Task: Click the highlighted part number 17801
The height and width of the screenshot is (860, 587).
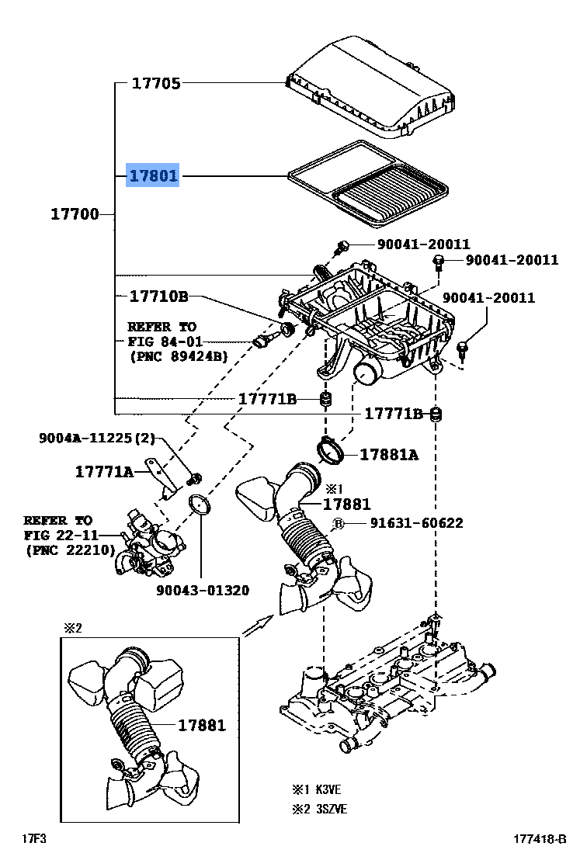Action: [x=153, y=175]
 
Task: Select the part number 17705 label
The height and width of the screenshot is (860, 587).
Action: [x=156, y=83]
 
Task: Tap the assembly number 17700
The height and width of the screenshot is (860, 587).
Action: [x=75, y=214]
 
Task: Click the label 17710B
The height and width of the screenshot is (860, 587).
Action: [x=158, y=296]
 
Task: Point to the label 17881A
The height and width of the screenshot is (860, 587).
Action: [x=389, y=455]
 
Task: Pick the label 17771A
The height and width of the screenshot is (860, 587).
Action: [x=104, y=472]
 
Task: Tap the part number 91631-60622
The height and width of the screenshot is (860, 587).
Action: [x=416, y=523]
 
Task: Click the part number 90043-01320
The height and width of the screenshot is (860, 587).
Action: [x=203, y=591]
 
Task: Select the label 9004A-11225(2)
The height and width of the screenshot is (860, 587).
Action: [x=96, y=439]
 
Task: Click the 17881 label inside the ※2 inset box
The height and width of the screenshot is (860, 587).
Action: [x=201, y=726]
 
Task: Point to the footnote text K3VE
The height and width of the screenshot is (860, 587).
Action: [x=328, y=790]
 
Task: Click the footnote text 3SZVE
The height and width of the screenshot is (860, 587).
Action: [x=332, y=810]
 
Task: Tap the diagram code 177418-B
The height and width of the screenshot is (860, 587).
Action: [x=540, y=839]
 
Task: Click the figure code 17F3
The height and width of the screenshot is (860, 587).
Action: [x=34, y=839]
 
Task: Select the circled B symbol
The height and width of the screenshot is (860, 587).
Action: [x=339, y=524]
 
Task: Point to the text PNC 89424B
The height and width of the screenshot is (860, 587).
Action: [x=179, y=356]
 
